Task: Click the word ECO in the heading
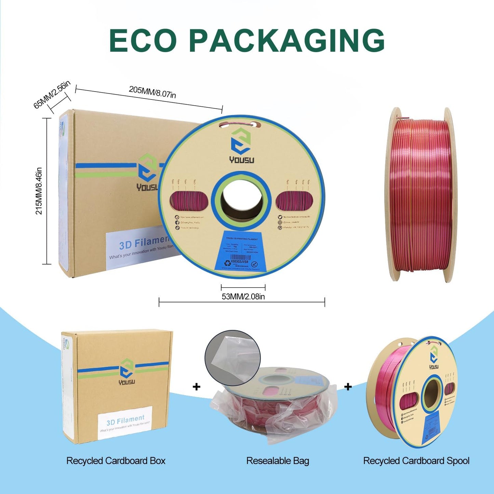pos(143,40)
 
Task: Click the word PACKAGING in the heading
pos(287,40)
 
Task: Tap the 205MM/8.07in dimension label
pos(152,92)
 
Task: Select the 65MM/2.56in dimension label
pos(52,94)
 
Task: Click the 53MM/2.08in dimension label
pos(243,296)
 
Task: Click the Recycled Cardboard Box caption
pos(116,461)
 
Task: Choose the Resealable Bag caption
pos(278,461)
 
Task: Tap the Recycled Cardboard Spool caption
pos(416,461)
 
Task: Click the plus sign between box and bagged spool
pos(196,387)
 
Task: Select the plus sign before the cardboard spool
pos(348,387)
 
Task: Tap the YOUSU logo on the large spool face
pos(241,145)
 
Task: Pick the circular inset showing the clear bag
pos(232,358)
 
